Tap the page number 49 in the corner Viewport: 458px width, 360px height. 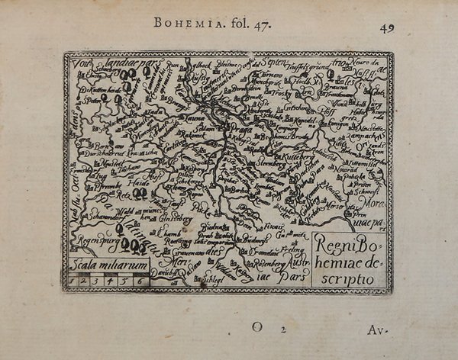click(387, 28)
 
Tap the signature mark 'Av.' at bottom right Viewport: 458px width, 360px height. click(375, 330)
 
